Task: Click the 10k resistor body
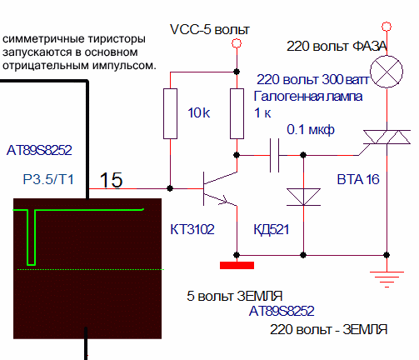pos(170,113)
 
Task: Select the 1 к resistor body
pos(237,113)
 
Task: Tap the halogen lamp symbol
pos(387,72)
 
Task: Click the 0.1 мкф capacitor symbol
pos(274,155)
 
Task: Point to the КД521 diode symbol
pos(303,197)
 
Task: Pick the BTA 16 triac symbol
pos(387,137)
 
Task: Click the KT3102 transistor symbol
pos(220,188)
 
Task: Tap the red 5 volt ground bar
pos(237,265)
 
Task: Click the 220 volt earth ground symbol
pos(387,279)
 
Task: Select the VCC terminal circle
pos(237,43)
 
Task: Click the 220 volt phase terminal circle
pos(387,27)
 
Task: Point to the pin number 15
pos(111,180)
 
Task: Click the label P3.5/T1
pos(48,179)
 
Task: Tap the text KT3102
pos(192,229)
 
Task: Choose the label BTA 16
pos(358,179)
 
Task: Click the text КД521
pos(272,230)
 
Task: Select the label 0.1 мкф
pos(311,130)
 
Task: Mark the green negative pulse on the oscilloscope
pos(31,237)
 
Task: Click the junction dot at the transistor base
pos(170,188)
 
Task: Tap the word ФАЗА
pos(370,46)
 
